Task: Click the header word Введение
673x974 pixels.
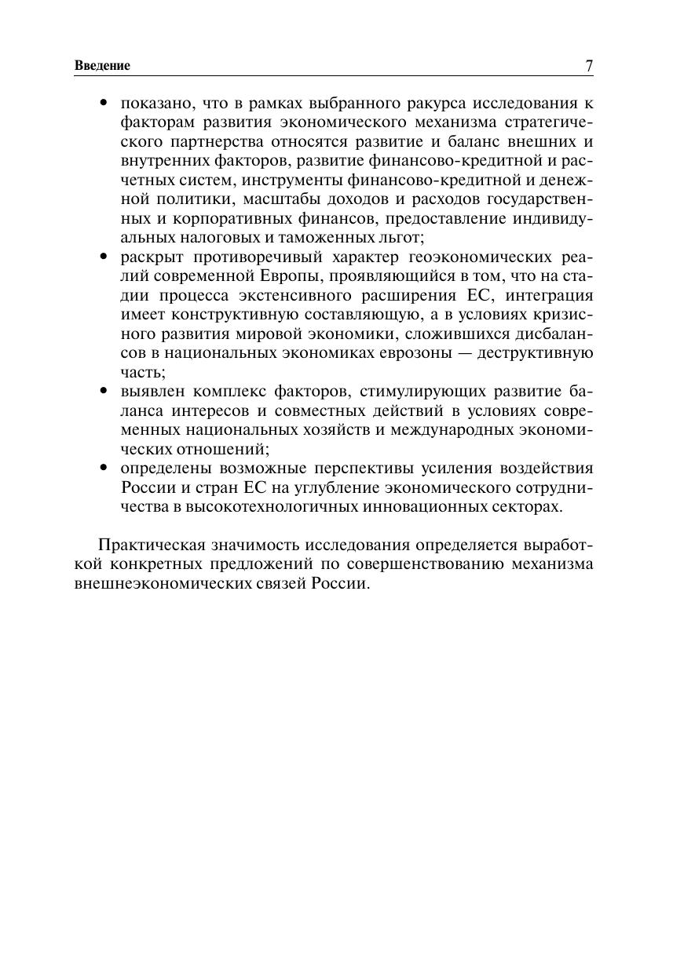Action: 102,66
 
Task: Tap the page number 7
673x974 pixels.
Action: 589,66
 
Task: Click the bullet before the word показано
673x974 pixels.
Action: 104,104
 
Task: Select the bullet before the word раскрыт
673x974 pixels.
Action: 104,257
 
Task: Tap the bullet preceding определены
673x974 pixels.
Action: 104,469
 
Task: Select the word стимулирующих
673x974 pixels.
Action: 415,392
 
